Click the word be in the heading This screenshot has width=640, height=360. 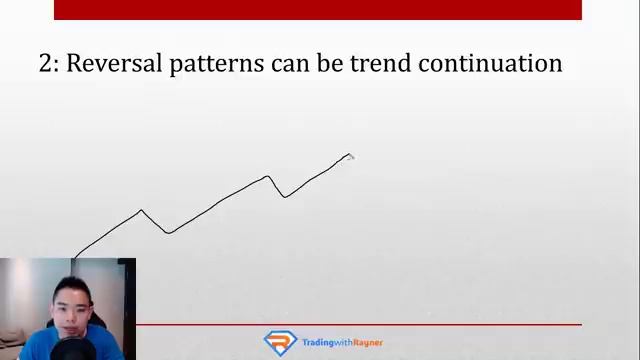coord(334,64)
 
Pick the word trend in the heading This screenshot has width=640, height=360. coord(384,64)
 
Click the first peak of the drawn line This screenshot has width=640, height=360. coord(141,210)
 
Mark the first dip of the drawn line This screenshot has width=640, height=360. coord(168,233)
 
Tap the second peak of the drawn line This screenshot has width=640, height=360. coord(268,177)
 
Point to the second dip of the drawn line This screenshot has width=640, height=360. coord(285,197)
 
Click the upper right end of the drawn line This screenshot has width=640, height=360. coord(350,155)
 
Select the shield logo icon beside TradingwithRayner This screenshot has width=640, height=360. coord(280,342)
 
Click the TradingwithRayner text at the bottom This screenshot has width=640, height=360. coord(343,343)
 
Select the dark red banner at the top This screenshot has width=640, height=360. coord(317,9)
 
